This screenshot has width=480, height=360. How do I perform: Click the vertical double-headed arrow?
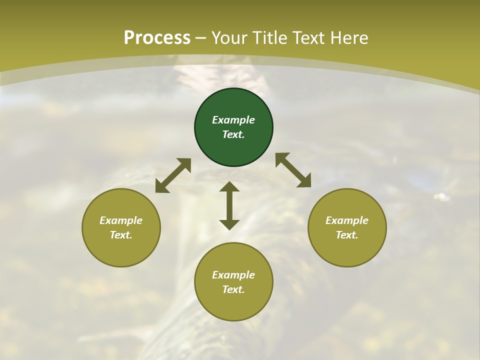pyautogui.click(x=229, y=205)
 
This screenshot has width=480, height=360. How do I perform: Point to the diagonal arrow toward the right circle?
pyautogui.click(x=293, y=170)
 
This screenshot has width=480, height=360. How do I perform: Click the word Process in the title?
pyautogui.click(x=157, y=38)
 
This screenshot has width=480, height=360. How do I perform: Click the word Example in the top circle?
pyautogui.click(x=233, y=120)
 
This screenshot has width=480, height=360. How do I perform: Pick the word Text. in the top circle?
pyautogui.click(x=233, y=134)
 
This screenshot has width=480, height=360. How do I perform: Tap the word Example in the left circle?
pyautogui.click(x=121, y=220)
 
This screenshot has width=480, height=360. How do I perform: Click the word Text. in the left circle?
pyautogui.click(x=121, y=235)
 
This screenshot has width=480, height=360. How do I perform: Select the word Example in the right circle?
pyautogui.click(x=347, y=220)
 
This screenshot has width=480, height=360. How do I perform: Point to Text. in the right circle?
pyautogui.click(x=347, y=235)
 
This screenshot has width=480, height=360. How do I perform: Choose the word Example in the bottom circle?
pyautogui.click(x=233, y=275)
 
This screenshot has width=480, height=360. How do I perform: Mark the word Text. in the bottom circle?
pyautogui.click(x=233, y=289)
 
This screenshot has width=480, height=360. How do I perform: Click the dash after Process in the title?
pyautogui.click(x=201, y=38)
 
